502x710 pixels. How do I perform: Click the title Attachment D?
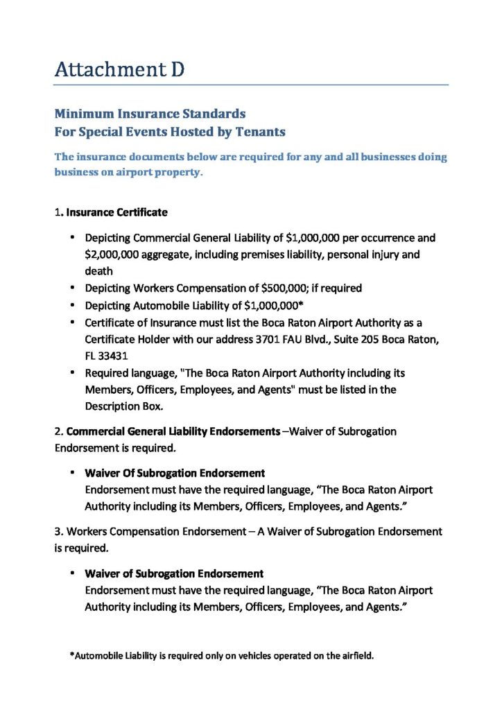119,69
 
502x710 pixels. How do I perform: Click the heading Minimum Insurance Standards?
150,113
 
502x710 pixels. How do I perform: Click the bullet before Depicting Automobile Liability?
72,304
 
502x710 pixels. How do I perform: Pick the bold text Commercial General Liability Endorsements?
173,431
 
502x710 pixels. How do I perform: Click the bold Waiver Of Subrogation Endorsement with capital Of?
175,473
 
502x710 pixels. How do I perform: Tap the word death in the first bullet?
99,271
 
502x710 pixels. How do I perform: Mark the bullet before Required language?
72,372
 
